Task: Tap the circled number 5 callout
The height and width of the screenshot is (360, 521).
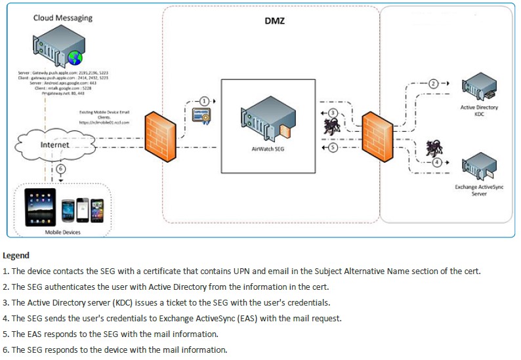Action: pos(333,148)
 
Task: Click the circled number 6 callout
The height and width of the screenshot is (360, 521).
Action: pos(61,169)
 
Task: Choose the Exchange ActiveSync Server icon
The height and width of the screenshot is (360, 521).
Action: pos(479,167)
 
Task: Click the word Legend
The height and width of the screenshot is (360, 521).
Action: pos(16,255)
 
